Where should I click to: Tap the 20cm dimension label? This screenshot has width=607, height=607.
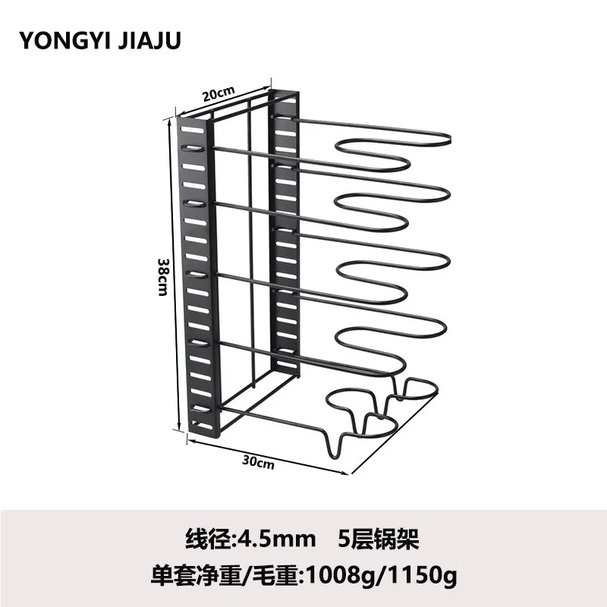pyautogui.click(x=218, y=94)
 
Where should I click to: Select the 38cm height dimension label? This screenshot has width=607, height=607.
pyautogui.click(x=161, y=275)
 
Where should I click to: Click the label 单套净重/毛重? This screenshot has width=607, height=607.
pyautogui.click(x=235, y=574)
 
